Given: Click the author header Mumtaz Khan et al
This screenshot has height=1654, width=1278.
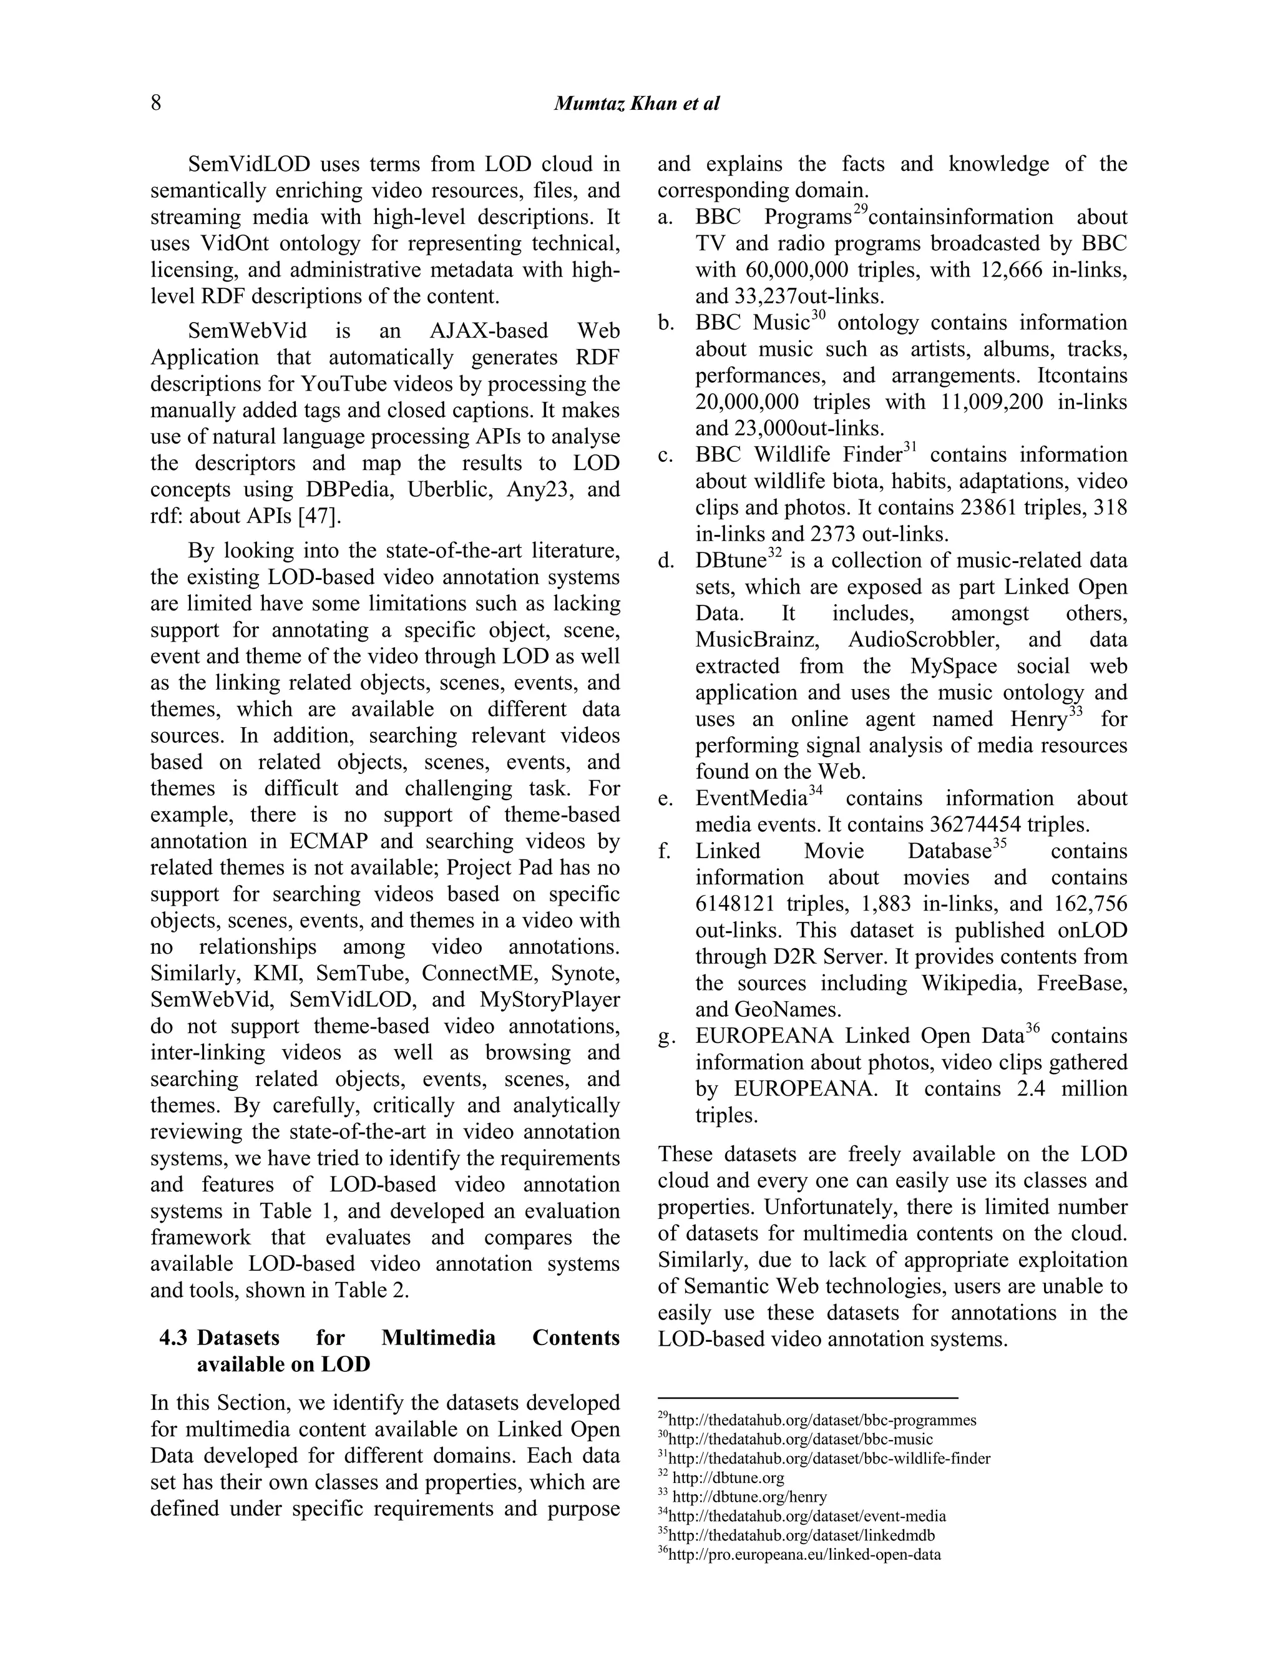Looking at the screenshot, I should click(636, 104).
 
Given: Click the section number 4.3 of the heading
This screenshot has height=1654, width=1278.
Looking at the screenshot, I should click(173, 1338).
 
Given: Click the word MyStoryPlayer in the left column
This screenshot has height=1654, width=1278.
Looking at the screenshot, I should click(550, 1000).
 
